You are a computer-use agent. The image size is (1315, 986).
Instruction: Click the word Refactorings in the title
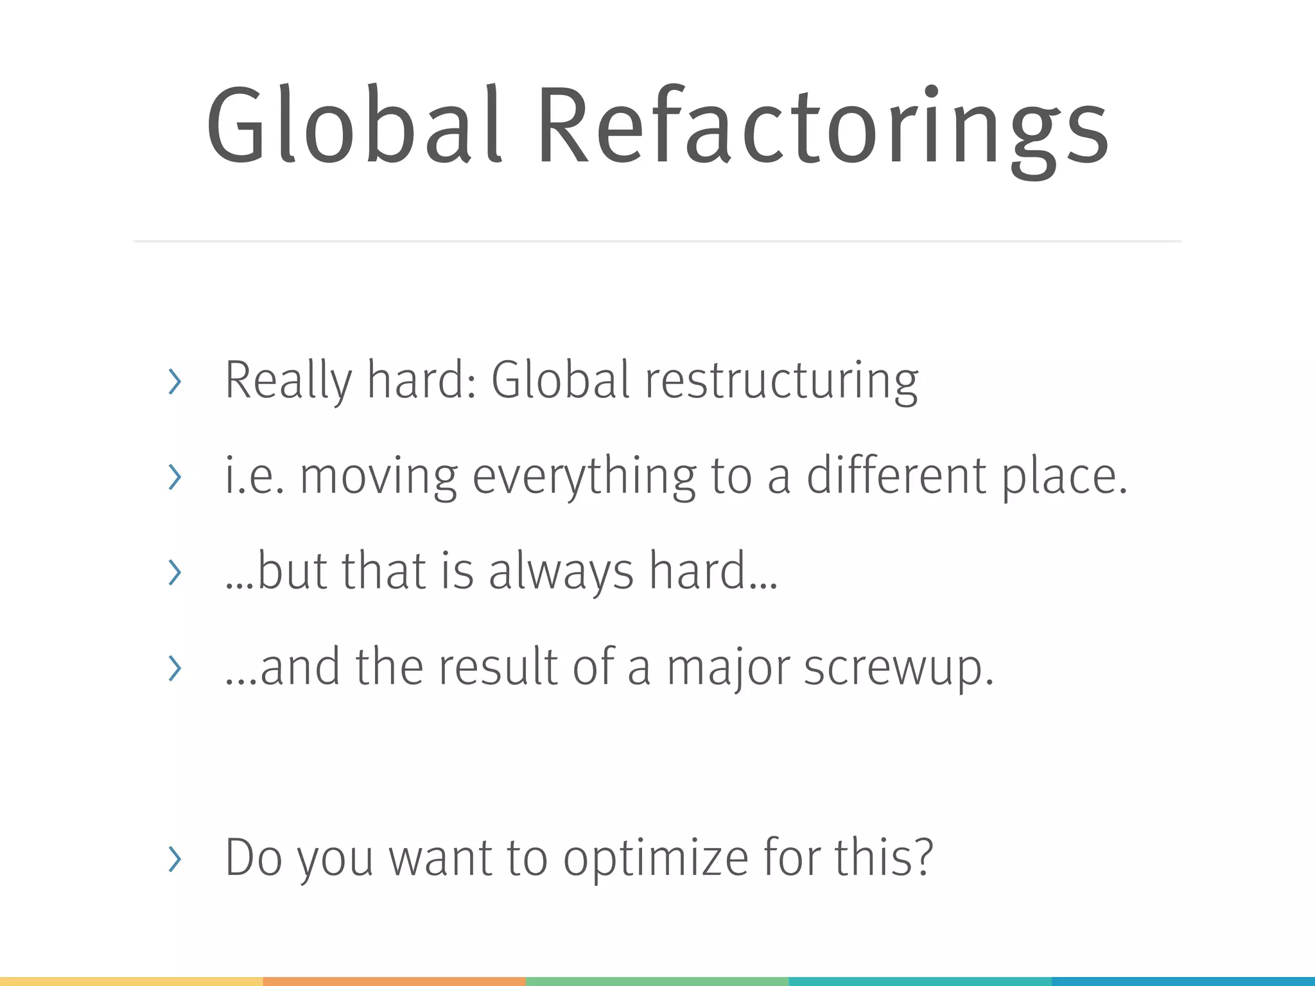823,128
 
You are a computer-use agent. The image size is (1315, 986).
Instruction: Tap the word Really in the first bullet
288,381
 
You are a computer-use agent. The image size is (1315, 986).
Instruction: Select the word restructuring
781,381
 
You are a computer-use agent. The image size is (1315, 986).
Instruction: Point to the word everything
584,478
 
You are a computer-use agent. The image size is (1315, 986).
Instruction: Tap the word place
1063,478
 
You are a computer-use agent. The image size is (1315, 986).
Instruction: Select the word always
561,571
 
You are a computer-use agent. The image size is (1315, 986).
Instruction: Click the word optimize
656,859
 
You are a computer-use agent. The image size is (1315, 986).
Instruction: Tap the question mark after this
923,858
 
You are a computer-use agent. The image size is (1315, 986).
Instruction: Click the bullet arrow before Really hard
174,382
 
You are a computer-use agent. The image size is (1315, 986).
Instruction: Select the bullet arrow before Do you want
174,859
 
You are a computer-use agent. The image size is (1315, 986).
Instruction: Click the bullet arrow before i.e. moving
174,477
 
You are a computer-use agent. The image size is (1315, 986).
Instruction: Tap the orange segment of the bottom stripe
394,981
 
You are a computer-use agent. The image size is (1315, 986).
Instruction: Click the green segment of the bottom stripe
657,981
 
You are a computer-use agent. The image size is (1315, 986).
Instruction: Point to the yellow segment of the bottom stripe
131,981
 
